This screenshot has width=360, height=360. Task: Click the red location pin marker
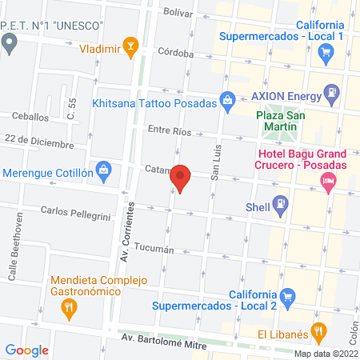[x=181, y=178]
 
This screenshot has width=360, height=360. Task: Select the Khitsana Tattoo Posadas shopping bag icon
[x=228, y=100]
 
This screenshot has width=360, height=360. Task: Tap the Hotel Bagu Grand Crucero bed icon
[x=328, y=182]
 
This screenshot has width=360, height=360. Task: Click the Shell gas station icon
[x=280, y=206]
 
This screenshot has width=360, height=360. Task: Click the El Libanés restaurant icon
[x=319, y=330]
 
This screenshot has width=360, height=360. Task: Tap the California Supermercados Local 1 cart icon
[x=326, y=54]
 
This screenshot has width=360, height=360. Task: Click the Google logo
[x=27, y=350]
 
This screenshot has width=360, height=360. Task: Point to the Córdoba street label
[x=176, y=54]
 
